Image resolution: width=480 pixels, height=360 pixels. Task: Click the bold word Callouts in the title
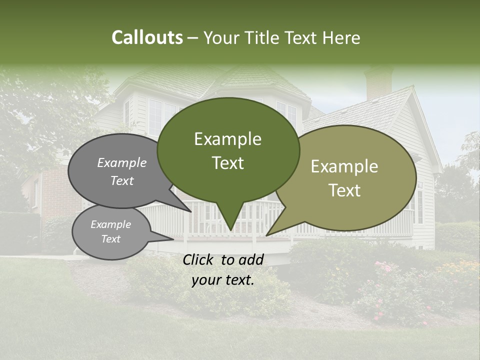tap(147, 38)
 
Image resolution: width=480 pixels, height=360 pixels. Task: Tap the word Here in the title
tap(341, 38)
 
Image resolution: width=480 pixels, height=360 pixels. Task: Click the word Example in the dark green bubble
tap(227, 139)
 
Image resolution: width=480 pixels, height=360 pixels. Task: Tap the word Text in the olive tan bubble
tap(344, 190)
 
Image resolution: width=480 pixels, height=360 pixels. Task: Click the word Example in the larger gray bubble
tap(122, 163)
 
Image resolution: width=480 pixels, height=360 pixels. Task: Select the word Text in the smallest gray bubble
tap(111, 239)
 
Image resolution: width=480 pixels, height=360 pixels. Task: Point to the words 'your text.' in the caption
tap(223, 280)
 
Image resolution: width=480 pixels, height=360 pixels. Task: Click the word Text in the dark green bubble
tap(228, 163)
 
